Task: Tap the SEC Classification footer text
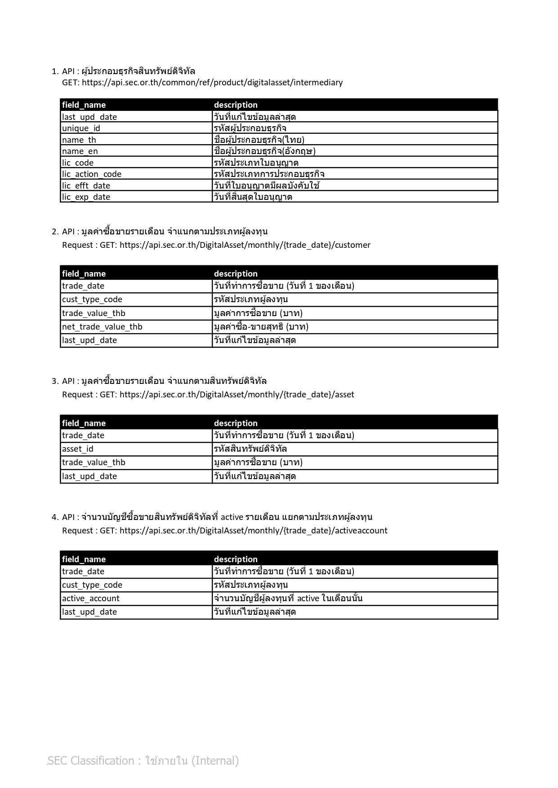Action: (143, 761)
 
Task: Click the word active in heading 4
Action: (232, 517)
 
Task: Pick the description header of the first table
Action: (236, 105)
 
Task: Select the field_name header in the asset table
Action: (84, 423)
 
